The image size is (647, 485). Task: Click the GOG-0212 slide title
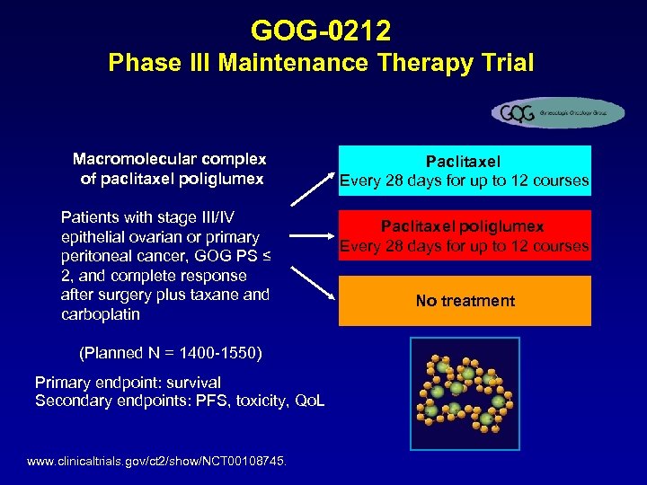[x=321, y=31]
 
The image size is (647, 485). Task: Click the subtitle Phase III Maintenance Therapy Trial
[x=321, y=64]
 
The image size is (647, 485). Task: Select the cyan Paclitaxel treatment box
[x=465, y=171]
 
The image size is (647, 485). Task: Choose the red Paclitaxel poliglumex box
[x=465, y=236]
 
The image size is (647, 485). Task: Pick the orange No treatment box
[x=465, y=301]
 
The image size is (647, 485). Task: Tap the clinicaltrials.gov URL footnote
[x=157, y=461]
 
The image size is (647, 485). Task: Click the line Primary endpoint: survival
[x=128, y=383]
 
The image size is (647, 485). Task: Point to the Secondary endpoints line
[x=180, y=401]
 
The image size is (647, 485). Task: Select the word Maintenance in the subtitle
[x=291, y=64]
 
